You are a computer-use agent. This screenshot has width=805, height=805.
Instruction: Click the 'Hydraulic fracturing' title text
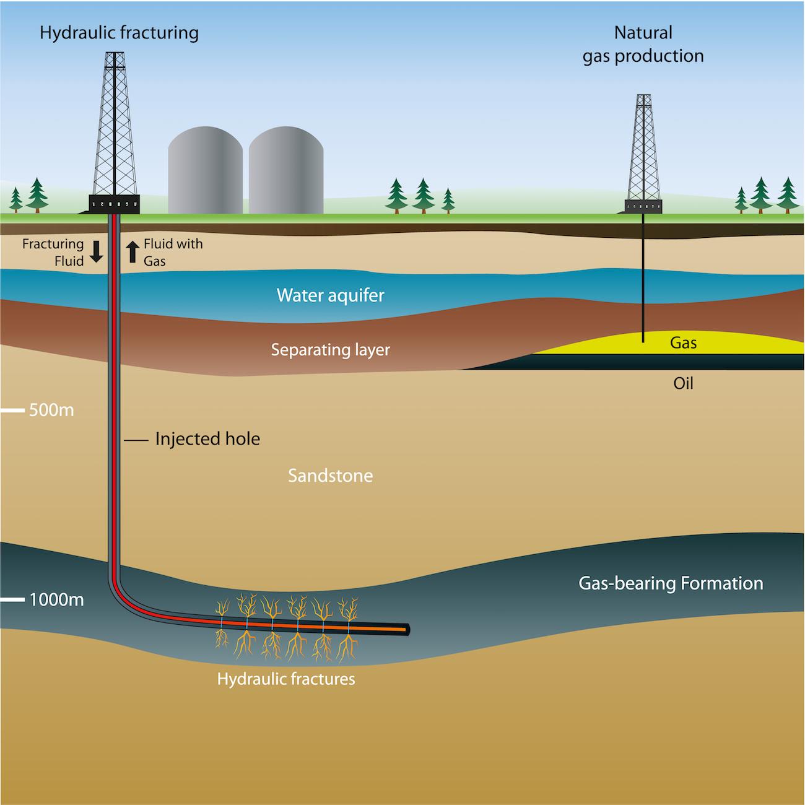(119, 33)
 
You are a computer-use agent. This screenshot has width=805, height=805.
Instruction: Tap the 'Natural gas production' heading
(643, 44)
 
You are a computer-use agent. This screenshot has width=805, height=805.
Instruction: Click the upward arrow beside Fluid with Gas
(132, 252)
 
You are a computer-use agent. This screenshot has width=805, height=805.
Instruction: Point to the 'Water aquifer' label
(330, 295)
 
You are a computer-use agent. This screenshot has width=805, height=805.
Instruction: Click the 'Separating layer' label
(330, 350)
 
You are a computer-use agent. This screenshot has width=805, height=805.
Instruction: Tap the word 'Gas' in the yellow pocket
(683, 342)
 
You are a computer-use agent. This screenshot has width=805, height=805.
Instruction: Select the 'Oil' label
(683, 383)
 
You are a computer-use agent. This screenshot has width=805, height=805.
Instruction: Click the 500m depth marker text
(51, 410)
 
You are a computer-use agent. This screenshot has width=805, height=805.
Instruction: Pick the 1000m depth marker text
(56, 600)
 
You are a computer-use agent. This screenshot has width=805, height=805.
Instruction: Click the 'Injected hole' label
(207, 439)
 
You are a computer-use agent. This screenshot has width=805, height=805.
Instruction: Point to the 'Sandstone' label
(330, 476)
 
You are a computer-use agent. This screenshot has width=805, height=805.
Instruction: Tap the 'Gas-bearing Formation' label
(671, 583)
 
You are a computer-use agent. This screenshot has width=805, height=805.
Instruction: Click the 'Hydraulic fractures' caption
(286, 679)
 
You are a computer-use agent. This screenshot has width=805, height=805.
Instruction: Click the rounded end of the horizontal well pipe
(406, 630)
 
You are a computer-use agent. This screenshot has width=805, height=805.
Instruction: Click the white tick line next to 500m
(12, 410)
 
